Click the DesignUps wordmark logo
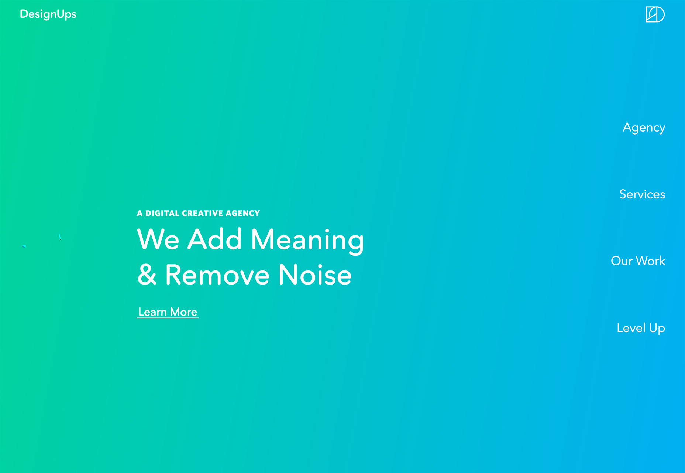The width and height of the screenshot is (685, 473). [48, 14]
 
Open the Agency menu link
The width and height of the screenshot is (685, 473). [644, 127]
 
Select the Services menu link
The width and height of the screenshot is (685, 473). [642, 194]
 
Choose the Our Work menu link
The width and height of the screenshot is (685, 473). [638, 261]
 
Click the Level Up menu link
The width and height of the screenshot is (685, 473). [641, 328]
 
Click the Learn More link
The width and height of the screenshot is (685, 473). [168, 312]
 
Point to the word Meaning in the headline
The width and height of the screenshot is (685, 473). [307, 240]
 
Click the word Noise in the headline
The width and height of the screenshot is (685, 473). [315, 275]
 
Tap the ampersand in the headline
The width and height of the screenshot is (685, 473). [147, 275]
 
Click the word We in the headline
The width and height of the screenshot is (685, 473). [158, 239]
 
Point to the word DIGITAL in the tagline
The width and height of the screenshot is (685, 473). [162, 213]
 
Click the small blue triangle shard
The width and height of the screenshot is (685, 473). [24, 246]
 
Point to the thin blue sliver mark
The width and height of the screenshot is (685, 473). [60, 236]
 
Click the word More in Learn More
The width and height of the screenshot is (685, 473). [184, 312]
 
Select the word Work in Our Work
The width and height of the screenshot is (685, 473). [651, 261]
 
